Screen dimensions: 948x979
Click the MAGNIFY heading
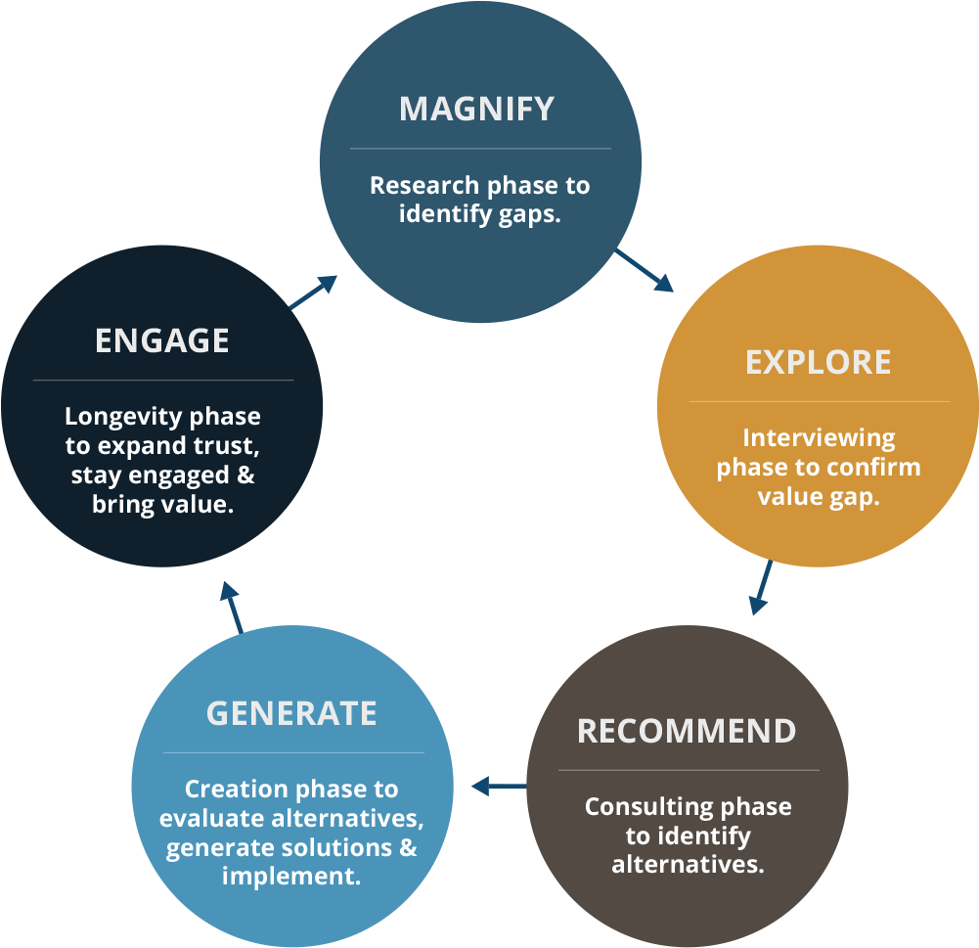[476, 109]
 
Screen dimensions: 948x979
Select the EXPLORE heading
[818, 362]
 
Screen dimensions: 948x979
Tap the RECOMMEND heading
[687, 731]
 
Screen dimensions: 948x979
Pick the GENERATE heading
[291, 713]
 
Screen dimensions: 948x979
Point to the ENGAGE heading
[162, 340]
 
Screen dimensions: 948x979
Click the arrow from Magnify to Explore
[645, 270]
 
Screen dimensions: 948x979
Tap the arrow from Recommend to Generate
[498, 786]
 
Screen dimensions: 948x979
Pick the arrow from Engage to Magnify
[314, 292]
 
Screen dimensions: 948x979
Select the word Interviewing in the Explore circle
[805, 437]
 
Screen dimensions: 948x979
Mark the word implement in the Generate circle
[290, 875]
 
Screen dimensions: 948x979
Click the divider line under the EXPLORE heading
[819, 401]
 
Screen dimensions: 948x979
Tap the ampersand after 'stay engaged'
[245, 475]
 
